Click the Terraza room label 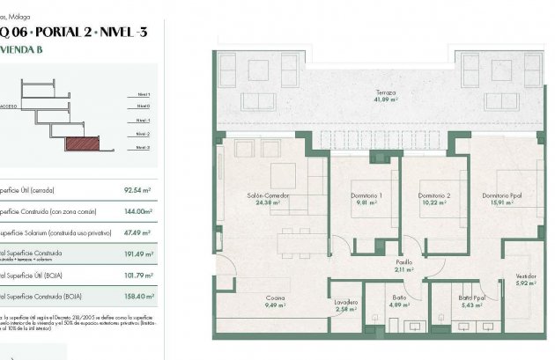tap(383, 92)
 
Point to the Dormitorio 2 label tap(435, 195)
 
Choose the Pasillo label tap(403, 262)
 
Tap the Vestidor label tap(526, 276)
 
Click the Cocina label tap(275, 298)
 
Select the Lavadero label tap(346, 301)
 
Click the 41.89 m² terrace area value tap(383, 100)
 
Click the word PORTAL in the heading tap(64, 33)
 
